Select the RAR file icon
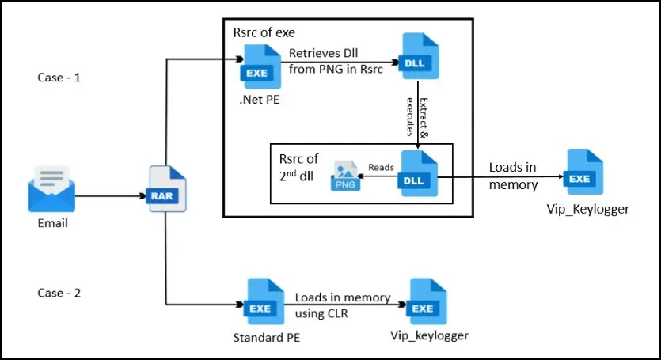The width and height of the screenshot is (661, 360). pos(167,190)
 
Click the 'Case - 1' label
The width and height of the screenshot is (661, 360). pos(58,78)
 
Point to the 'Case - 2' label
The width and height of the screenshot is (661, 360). pos(58,293)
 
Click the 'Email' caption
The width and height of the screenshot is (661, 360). pos(53,224)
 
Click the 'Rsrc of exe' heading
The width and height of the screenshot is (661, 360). pos(265,32)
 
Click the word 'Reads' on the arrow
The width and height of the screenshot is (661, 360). pos(381,167)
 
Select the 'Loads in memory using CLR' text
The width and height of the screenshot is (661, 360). pos(342,305)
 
